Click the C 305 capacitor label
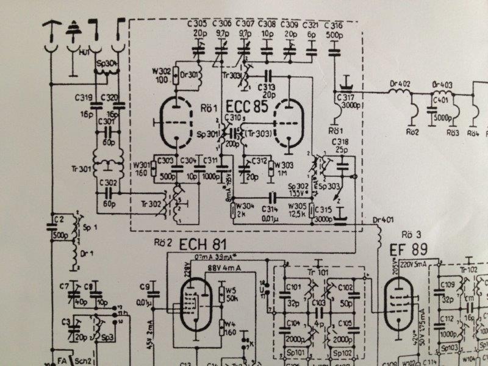click(198, 24)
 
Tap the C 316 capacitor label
click(334, 24)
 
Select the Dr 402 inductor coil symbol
click(400, 92)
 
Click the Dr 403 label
click(442, 85)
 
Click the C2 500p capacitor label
click(59, 224)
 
